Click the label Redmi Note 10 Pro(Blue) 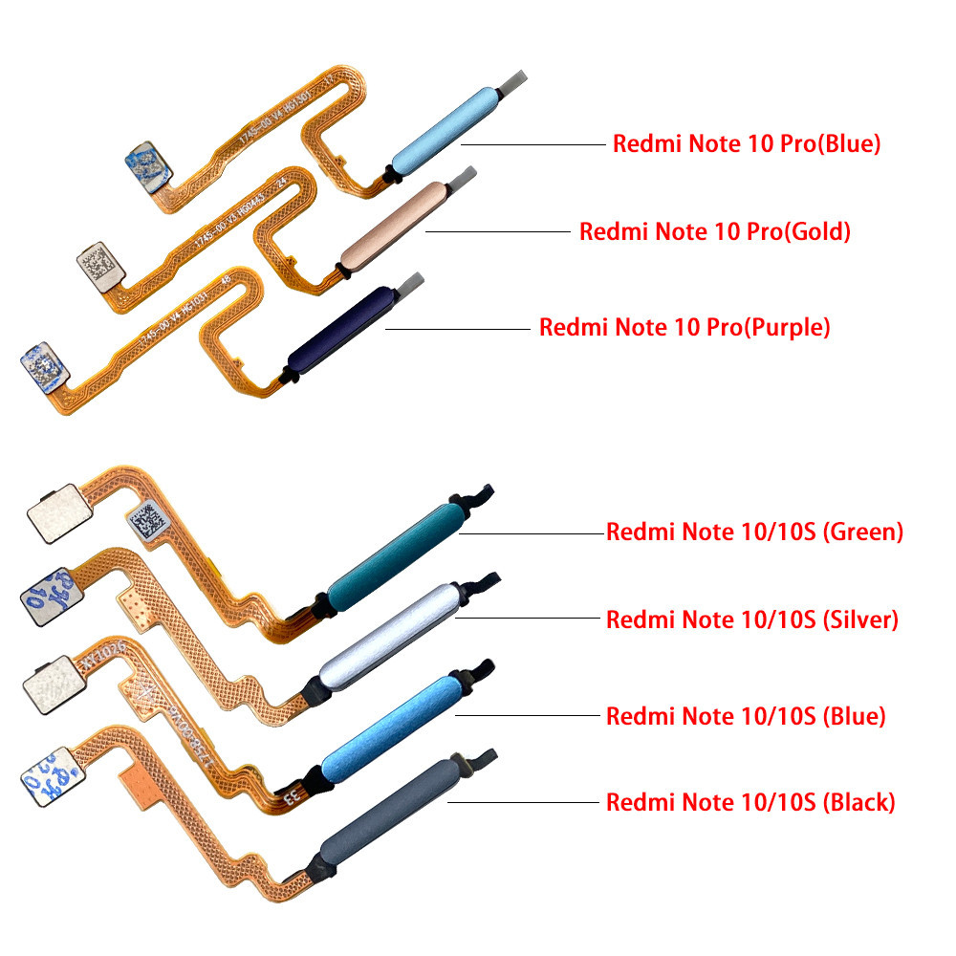(746, 145)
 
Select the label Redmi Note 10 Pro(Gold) (714, 232)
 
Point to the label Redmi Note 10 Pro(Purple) (684, 328)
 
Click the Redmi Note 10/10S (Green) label (754, 532)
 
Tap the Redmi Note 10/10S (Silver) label (752, 619)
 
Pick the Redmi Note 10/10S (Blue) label (746, 715)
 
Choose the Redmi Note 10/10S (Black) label (750, 802)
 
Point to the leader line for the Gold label (497, 231)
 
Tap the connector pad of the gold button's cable (97, 259)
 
